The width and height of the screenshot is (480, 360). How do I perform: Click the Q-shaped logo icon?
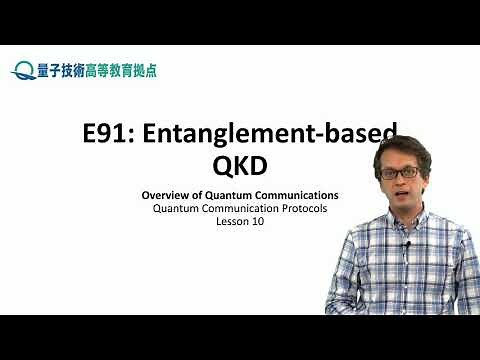click(22, 70)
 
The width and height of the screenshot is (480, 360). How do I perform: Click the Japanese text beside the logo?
click(95, 70)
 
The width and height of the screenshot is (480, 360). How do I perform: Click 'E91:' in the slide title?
click(111, 134)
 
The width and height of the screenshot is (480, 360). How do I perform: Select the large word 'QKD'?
click(240, 165)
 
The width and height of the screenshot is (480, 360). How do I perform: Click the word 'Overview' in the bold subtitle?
click(164, 194)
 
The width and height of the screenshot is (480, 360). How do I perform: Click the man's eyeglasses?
click(402, 171)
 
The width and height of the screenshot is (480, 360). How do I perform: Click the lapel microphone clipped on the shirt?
click(407, 247)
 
